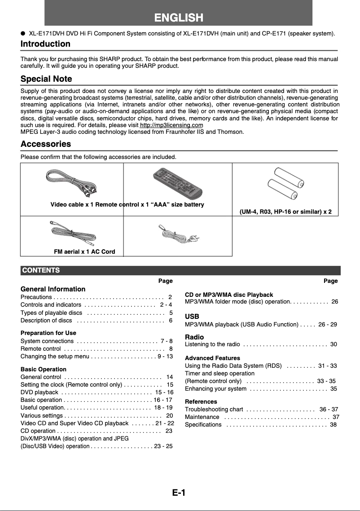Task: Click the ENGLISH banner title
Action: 179,18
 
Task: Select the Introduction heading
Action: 45,44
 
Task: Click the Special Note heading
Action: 46,79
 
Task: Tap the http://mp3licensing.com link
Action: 171,125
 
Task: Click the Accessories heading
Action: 46,144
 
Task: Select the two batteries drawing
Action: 285,184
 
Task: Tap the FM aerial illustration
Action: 72,233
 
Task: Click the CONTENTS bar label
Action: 41,270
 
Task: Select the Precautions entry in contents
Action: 36,297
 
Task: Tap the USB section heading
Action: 192,317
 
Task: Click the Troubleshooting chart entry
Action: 214,410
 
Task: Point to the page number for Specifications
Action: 333,425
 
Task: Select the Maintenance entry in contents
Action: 202,417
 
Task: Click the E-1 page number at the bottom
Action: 178,493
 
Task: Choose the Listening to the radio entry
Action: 212,344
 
